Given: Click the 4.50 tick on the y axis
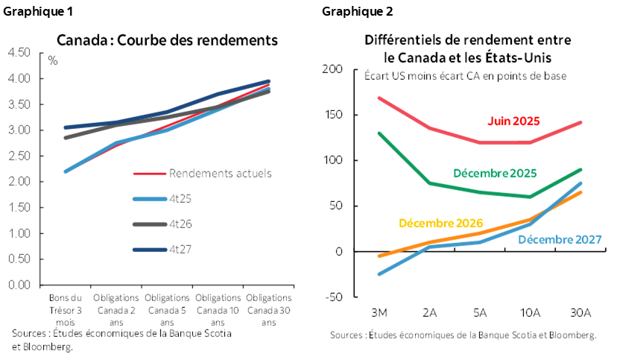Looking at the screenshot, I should pos(19,52).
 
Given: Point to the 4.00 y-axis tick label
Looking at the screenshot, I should pos(19,78).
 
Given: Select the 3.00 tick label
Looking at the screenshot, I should pos(19,130).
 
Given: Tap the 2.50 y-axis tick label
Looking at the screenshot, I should pos(19,156).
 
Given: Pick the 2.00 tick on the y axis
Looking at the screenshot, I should pos(19,181).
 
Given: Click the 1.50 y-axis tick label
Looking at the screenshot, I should pos(19,207).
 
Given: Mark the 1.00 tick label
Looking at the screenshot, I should pos(19,233).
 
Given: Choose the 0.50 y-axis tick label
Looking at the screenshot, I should pos(19,259).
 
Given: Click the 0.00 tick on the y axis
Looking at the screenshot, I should pos(19,285).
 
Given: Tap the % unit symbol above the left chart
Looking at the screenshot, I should pos(53,60).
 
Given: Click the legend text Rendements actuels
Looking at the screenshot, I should pos(220,173).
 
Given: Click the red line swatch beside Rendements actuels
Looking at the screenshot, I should pos(148,173).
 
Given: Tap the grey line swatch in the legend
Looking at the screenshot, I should pos(148,224).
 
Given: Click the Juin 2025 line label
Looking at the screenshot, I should pos(513,121).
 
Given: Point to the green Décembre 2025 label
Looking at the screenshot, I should pos(494,173).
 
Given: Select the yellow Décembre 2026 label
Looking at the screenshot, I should pos(440,222).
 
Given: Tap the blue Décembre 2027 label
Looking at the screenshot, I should pos(559,240).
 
